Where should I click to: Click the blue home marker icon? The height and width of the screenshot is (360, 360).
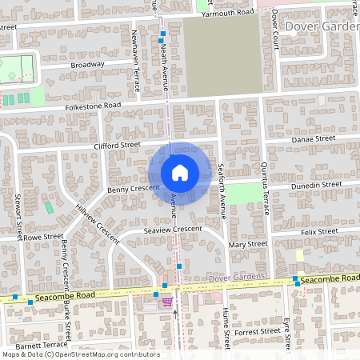(x=180, y=173)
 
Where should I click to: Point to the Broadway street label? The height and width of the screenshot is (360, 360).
(x=87, y=64)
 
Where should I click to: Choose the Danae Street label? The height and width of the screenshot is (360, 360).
(x=313, y=138)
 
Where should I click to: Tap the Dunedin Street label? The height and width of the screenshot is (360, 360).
(x=314, y=184)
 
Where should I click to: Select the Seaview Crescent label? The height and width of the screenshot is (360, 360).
(x=172, y=229)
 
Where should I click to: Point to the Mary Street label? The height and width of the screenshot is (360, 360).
(x=247, y=244)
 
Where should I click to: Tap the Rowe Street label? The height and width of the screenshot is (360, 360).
(x=42, y=237)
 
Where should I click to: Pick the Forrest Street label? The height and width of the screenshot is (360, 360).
(x=258, y=330)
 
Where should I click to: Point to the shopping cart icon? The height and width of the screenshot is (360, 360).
(x=167, y=301)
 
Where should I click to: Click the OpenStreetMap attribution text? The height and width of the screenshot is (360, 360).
(x=80, y=354)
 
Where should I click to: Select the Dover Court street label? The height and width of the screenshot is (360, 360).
(x=274, y=29)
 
